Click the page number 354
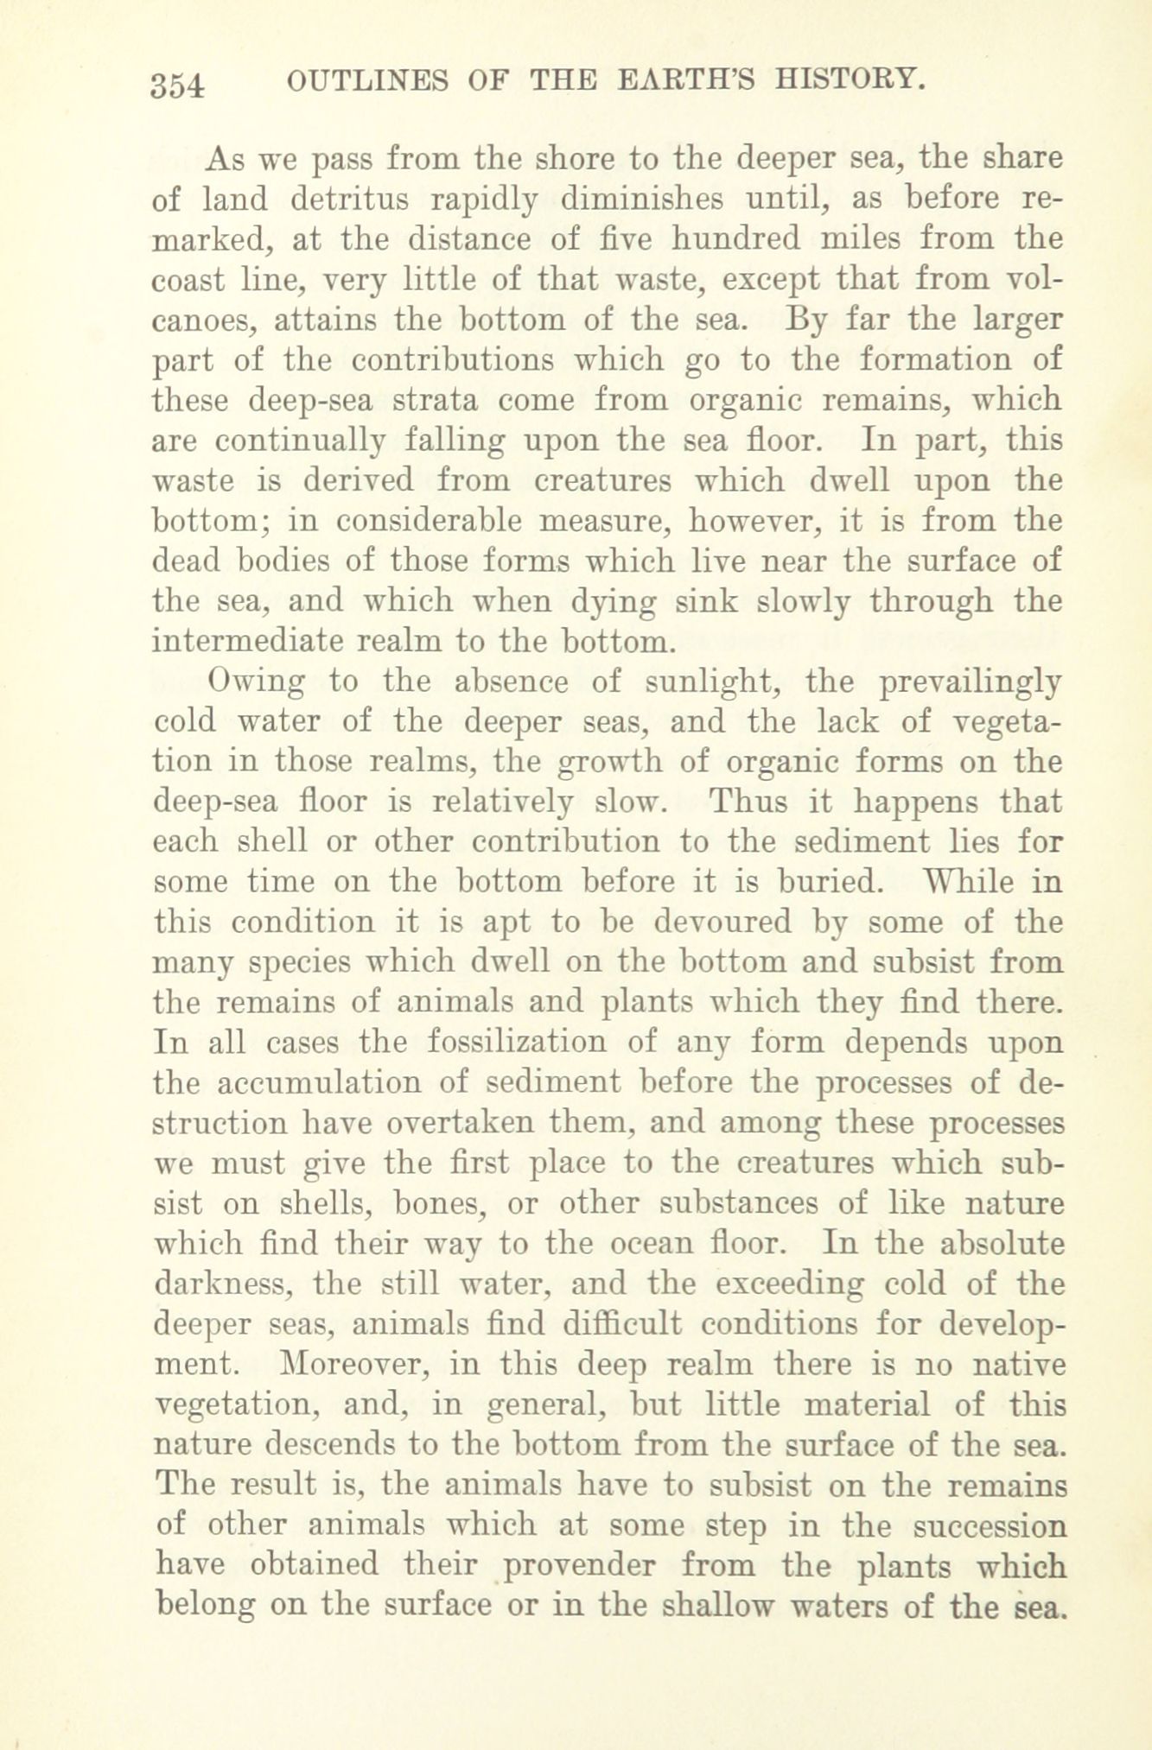tap(178, 86)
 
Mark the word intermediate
tap(255, 642)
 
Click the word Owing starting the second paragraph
tap(257, 682)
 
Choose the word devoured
tap(722, 923)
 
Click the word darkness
tap(223, 1284)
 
